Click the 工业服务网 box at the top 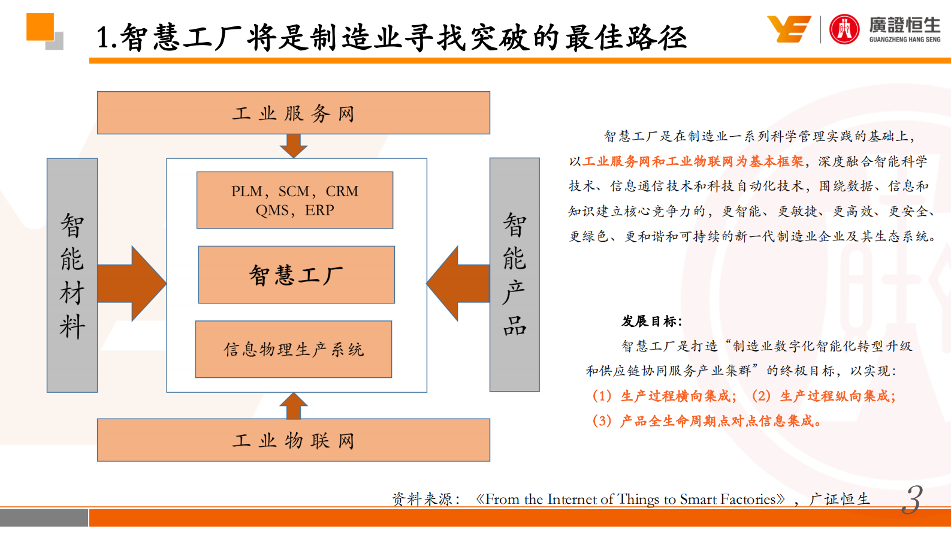tap(294, 113)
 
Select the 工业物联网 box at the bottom tap(294, 440)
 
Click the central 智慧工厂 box tap(296, 275)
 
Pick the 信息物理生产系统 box tap(294, 349)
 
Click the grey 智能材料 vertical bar tap(73, 275)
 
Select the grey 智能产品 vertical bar tap(514, 275)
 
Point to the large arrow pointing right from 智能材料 tap(132, 283)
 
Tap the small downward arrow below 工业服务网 tap(294, 146)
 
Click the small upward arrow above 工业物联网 tap(294, 406)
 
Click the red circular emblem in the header tap(844, 29)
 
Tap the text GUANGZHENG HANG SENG tap(905, 40)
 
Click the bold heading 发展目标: tap(652, 321)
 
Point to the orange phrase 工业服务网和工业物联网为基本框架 tap(693, 161)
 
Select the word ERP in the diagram tap(319, 210)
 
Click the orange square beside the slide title tap(40, 27)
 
